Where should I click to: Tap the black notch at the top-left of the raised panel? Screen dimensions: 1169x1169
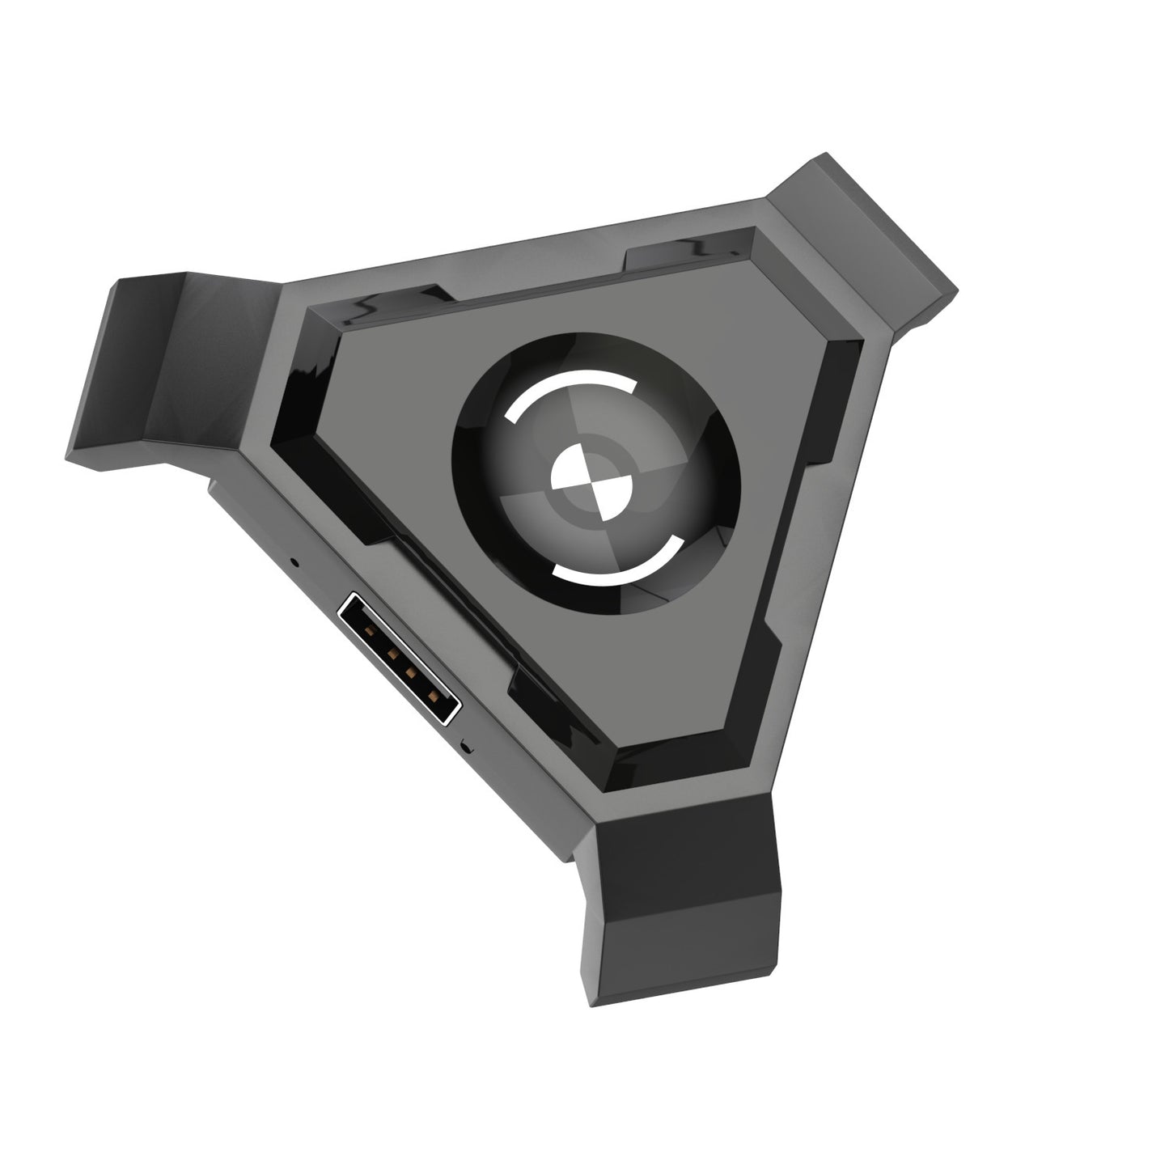[x=396, y=303]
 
